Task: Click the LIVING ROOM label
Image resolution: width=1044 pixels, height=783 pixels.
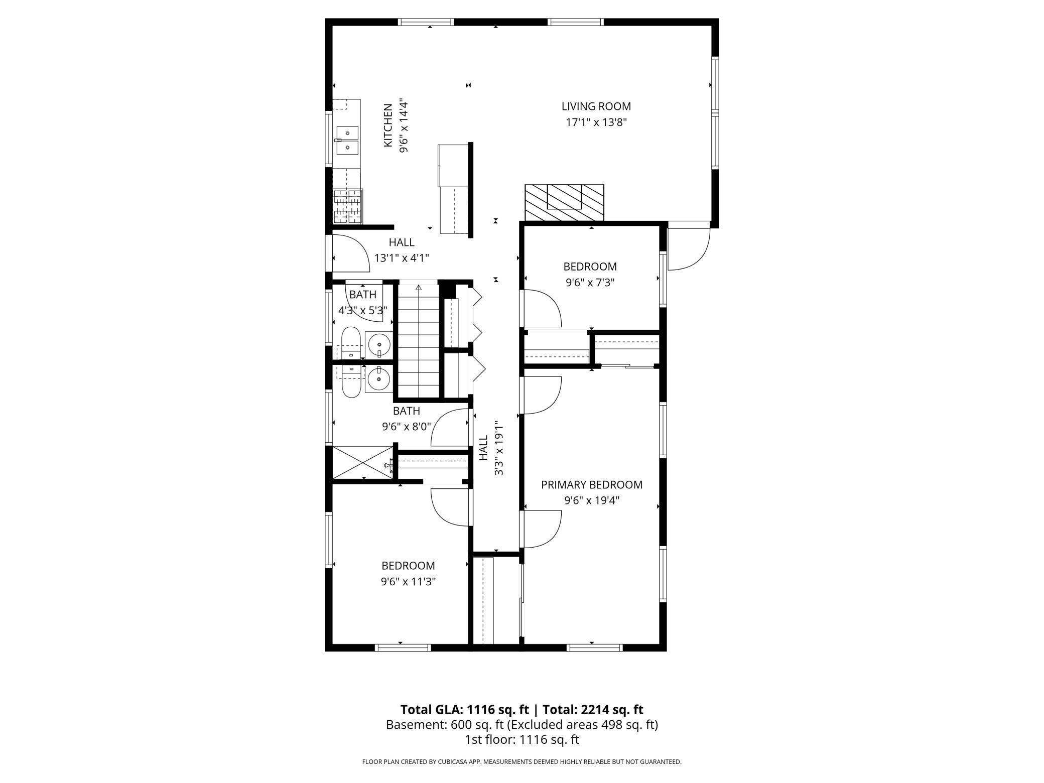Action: point(596,106)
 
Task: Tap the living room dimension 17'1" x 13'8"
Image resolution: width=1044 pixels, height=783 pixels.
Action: point(596,122)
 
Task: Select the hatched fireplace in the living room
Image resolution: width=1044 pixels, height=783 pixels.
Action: point(564,202)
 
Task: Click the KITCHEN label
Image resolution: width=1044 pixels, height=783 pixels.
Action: point(388,125)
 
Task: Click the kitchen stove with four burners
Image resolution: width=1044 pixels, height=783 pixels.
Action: point(348,206)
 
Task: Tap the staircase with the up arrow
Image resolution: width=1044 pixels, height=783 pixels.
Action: point(419,341)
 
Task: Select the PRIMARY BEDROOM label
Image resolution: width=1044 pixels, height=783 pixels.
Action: point(591,485)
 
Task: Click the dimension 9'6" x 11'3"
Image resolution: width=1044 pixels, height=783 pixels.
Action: point(408,582)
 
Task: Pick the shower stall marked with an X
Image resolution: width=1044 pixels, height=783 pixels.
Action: point(362,462)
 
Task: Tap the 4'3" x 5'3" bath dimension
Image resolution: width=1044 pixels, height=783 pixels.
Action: point(362,311)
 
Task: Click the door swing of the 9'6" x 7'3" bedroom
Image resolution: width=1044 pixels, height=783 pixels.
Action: point(542,308)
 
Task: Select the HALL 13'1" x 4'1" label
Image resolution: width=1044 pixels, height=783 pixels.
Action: point(402,250)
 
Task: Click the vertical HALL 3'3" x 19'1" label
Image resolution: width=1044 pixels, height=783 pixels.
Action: point(491,448)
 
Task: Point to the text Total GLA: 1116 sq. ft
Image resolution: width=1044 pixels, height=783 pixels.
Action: point(464,710)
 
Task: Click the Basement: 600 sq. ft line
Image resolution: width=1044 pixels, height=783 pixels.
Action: point(521,725)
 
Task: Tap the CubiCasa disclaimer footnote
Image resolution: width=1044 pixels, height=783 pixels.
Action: point(521,762)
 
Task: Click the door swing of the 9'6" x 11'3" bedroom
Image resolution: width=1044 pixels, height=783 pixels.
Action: point(451,507)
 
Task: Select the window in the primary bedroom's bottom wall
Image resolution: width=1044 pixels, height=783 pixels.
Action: point(594,647)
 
